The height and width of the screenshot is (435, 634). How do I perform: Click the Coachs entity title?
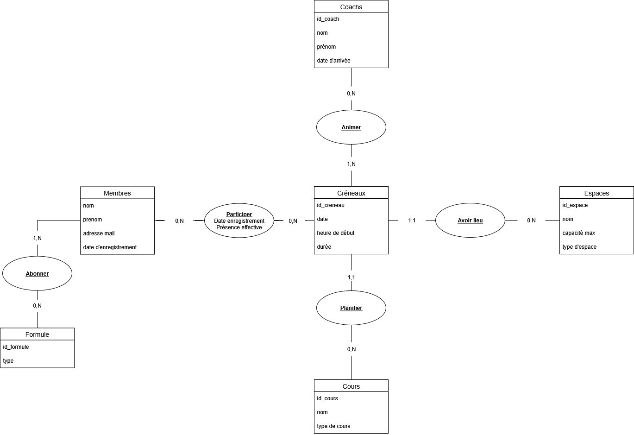351,7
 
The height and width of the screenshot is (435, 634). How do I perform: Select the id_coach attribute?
328,19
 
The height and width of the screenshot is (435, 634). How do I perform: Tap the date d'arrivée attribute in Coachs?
333,61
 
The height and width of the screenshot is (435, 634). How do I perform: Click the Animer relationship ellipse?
351,127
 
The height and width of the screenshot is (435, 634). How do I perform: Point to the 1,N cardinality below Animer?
351,164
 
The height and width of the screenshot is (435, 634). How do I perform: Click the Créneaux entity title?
351,193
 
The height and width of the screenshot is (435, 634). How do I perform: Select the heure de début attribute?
335,233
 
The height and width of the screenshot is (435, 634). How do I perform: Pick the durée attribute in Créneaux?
324,247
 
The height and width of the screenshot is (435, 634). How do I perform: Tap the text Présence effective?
239,227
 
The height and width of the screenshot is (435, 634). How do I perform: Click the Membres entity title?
117,193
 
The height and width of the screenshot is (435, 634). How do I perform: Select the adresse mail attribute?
99,233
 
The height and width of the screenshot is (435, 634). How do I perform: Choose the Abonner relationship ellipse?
37,274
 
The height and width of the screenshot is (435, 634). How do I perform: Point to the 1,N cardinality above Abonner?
37,238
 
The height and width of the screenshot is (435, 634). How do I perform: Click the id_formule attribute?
16,347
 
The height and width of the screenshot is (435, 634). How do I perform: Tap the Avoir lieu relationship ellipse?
470,221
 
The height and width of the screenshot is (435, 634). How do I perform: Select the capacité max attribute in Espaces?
578,233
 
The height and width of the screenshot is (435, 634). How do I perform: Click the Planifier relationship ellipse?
351,308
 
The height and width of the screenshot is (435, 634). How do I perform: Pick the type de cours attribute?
333,426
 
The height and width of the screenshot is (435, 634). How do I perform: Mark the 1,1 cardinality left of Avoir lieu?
412,221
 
